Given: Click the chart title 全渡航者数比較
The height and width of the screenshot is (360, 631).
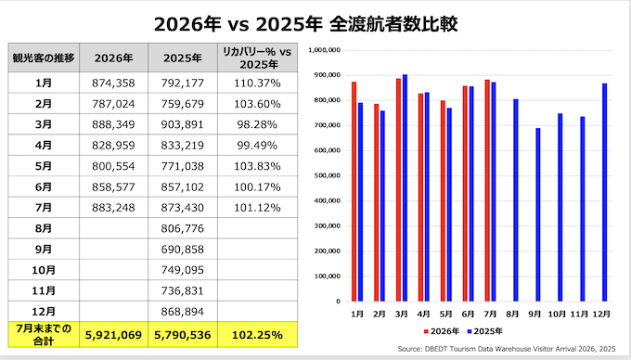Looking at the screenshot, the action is pyautogui.click(x=393, y=24).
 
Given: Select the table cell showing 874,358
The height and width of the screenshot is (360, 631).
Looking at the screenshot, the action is pyautogui.click(x=113, y=83).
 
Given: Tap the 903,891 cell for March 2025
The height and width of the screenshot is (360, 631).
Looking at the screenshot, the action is pyautogui.click(x=183, y=124).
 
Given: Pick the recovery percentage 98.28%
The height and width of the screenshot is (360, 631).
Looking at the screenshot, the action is pyautogui.click(x=257, y=124).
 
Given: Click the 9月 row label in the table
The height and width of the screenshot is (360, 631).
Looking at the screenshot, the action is pyautogui.click(x=44, y=250).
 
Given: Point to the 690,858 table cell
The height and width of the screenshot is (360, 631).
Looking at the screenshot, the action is pyautogui.click(x=183, y=250).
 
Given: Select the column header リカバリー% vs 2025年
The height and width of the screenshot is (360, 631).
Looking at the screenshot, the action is pyautogui.click(x=257, y=58).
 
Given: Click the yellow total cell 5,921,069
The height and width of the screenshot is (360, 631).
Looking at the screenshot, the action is pyautogui.click(x=113, y=335).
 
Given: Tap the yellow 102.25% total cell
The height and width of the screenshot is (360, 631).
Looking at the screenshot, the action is pyautogui.click(x=257, y=335).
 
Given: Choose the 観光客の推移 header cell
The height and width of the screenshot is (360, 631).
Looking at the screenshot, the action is pyautogui.click(x=44, y=58).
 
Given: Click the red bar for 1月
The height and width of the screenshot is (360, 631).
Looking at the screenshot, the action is pyautogui.click(x=354, y=191).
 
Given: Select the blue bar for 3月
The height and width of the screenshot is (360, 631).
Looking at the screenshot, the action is pyautogui.click(x=405, y=187).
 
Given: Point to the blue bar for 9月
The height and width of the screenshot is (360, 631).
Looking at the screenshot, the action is pyautogui.click(x=538, y=214).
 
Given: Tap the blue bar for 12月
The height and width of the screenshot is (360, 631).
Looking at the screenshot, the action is pyautogui.click(x=604, y=192).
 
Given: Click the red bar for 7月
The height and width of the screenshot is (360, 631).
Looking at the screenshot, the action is pyautogui.click(x=487, y=190).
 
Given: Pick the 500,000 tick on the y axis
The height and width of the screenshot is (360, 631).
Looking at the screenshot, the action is pyautogui.click(x=328, y=175).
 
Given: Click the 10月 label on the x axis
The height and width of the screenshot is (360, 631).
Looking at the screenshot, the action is pyautogui.click(x=558, y=314).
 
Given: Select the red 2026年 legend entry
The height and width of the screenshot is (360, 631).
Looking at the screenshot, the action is pyautogui.click(x=442, y=331).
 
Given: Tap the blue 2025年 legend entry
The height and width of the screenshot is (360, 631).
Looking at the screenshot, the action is pyautogui.click(x=485, y=331).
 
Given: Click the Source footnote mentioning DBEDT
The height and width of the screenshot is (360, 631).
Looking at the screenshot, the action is pyautogui.click(x=507, y=349).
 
